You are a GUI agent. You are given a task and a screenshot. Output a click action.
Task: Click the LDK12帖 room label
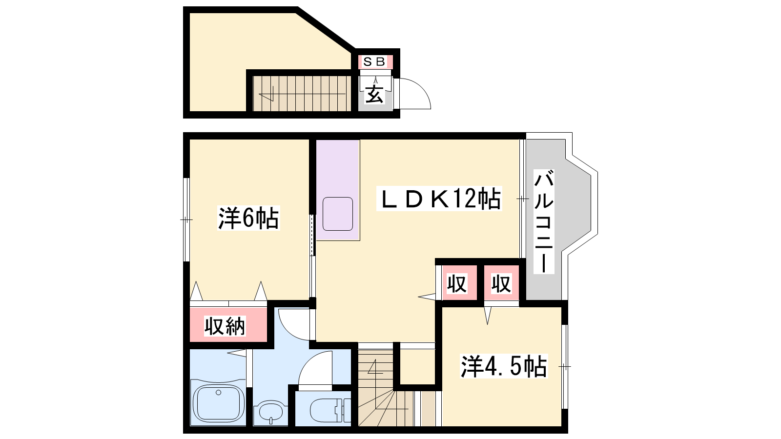click(439, 199)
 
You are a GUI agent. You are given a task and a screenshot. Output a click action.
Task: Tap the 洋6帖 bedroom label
click(248, 219)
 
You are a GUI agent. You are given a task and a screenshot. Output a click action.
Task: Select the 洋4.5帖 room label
click(503, 366)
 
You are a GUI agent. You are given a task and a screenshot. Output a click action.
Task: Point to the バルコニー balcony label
click(544, 221)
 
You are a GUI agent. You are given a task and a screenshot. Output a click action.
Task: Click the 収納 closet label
click(225, 326)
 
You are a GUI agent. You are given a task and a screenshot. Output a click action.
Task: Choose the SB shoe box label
click(374, 62)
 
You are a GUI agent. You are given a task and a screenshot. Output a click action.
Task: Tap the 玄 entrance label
click(374, 94)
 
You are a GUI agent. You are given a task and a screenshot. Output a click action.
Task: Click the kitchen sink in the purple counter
click(337, 214)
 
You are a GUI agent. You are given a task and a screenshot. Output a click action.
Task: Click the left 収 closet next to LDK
click(457, 283)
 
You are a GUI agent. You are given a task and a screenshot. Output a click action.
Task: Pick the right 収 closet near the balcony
click(501, 283)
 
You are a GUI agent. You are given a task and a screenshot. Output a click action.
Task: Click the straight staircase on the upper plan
click(302, 94)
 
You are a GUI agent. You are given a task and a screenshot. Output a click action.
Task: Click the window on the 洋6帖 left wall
click(186, 219)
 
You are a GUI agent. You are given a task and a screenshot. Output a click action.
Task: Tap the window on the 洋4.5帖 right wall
click(565, 366)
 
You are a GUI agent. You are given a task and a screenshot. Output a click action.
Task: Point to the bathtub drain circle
click(219, 393)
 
